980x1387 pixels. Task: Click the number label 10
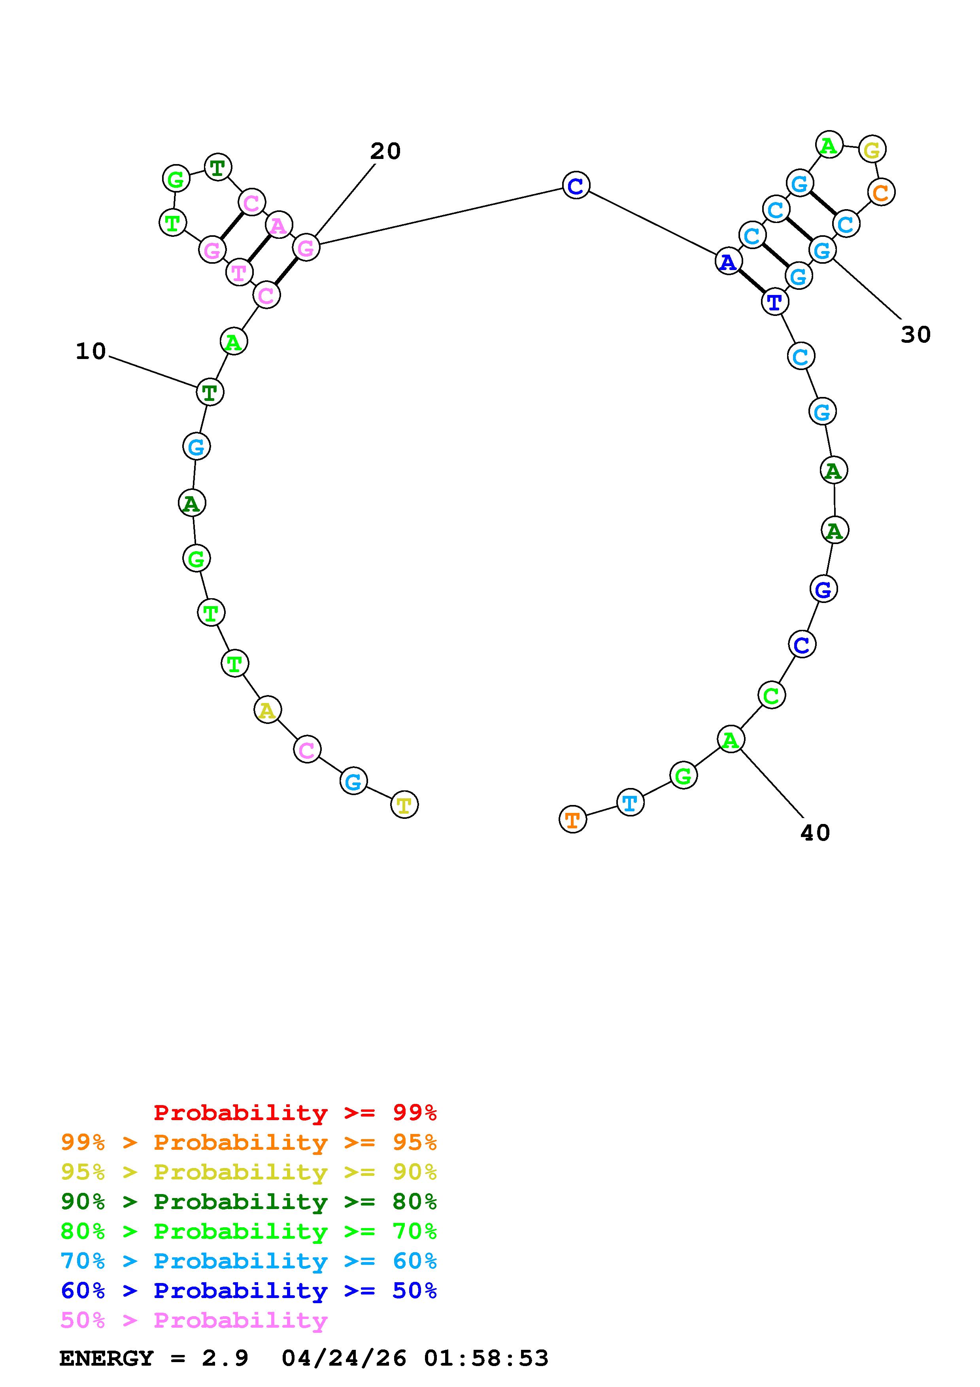pyautogui.click(x=91, y=351)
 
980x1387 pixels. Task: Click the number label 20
pyautogui.click(x=385, y=151)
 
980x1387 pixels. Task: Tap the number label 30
pyautogui.click(x=916, y=334)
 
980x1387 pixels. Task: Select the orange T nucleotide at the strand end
pyautogui.click(x=572, y=820)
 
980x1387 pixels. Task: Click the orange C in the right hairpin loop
pyautogui.click(x=881, y=193)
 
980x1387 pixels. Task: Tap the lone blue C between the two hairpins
pyautogui.click(x=576, y=185)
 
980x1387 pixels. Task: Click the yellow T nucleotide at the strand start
pyautogui.click(x=404, y=805)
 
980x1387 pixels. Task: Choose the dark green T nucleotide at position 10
pyautogui.click(x=210, y=392)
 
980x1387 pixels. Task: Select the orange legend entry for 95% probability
pyautogui.click(x=249, y=1142)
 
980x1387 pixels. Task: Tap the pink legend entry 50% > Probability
pyautogui.click(x=194, y=1320)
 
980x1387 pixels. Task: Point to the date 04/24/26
pyautogui.click(x=344, y=1358)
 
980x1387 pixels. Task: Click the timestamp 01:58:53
pyautogui.click(x=486, y=1358)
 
